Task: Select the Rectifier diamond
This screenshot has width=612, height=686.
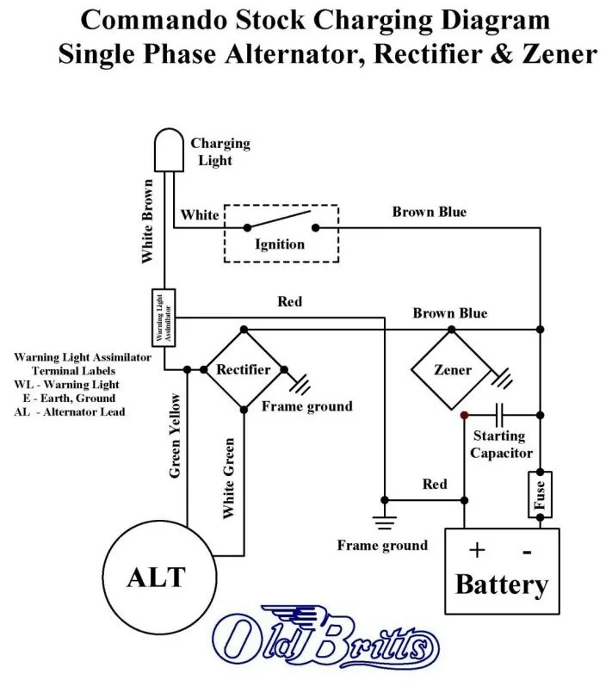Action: (244, 370)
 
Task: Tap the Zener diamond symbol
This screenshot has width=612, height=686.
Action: (452, 370)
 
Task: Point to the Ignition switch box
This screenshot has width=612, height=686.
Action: (281, 232)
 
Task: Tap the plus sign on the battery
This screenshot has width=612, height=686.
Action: (477, 550)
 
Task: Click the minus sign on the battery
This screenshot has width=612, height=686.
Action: (526, 550)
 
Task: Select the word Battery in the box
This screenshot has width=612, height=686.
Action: (501, 585)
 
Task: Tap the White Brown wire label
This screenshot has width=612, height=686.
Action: (147, 220)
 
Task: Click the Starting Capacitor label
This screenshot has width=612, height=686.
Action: (503, 445)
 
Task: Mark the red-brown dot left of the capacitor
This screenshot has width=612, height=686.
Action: (464, 415)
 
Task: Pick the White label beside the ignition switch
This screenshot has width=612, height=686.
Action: (200, 214)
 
